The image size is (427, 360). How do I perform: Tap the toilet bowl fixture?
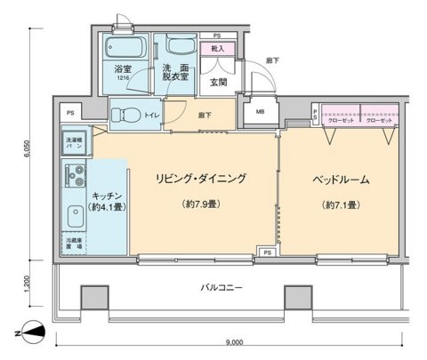point(127,112)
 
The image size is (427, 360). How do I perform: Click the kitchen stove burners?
point(71,176)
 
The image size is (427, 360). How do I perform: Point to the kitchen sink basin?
point(71,216)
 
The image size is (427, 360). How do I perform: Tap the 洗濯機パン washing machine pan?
point(74,142)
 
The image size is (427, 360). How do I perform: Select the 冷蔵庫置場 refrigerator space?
point(75,244)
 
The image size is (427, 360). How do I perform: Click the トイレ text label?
point(151,114)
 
